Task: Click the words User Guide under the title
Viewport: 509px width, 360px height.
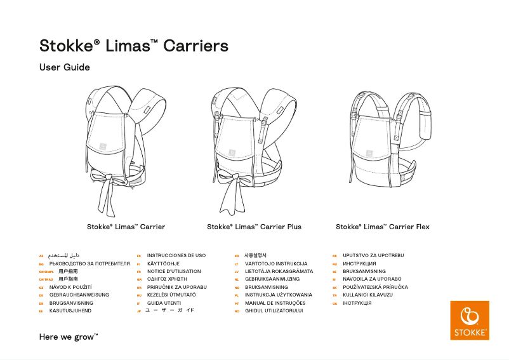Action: [65, 67]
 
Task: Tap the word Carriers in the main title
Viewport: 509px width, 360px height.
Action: [195, 46]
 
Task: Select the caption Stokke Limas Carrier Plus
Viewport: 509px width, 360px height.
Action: [254, 227]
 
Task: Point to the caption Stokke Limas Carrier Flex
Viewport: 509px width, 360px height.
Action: [382, 227]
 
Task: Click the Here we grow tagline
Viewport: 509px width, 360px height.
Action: [69, 337]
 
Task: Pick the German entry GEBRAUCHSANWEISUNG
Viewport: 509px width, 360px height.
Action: [79, 295]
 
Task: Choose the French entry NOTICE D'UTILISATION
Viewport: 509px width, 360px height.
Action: [174, 271]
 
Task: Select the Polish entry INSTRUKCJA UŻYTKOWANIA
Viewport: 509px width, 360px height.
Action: [279, 295]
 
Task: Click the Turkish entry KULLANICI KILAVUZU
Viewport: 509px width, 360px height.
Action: [367, 295]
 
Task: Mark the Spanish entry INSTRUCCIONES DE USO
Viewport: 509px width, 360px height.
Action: [176, 255]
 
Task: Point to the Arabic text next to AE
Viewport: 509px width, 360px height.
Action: [65, 256]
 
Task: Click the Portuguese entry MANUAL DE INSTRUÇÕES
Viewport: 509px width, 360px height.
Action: [275, 303]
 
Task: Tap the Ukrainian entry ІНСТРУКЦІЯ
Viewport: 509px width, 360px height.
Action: [357, 303]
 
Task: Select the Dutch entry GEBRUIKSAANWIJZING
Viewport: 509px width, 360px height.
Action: [272, 279]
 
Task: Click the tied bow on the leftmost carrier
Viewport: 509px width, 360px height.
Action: [103, 177]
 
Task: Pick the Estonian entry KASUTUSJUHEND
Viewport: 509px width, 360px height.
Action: [70, 311]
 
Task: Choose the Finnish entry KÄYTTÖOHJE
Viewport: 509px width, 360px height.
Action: [163, 263]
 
